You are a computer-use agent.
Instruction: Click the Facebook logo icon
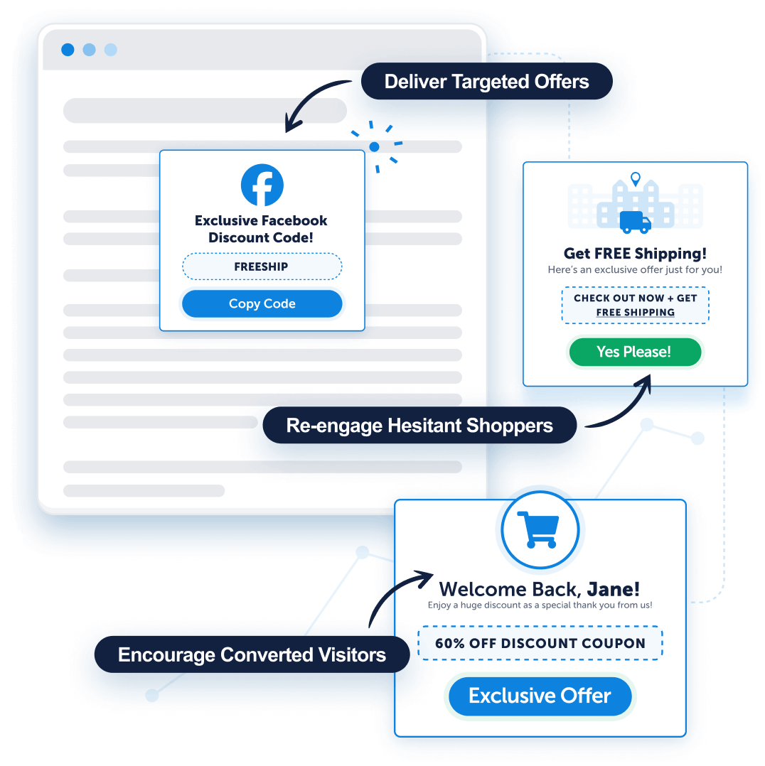tap(262, 185)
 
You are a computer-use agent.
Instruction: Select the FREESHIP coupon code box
tap(262, 267)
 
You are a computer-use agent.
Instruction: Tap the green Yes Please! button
tap(634, 352)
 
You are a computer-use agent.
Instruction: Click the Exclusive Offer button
tap(540, 696)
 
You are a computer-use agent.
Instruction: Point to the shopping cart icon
tap(540, 529)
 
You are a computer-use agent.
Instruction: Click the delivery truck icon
tap(635, 222)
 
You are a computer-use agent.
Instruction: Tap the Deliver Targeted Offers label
tap(486, 82)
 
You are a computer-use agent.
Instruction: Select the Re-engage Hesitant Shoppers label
tap(419, 426)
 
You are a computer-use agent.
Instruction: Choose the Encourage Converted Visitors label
tap(252, 654)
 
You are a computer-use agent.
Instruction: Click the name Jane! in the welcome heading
tap(613, 589)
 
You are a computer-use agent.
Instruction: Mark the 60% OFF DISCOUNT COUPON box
tap(540, 643)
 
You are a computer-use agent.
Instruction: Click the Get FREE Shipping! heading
tap(635, 254)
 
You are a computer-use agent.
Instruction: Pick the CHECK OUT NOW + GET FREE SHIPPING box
tap(635, 305)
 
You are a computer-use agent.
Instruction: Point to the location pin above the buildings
tap(636, 178)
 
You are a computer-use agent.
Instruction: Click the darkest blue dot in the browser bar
tap(68, 50)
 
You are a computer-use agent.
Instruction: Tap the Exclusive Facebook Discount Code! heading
tap(261, 229)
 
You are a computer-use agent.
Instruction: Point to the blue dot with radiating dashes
tap(374, 147)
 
